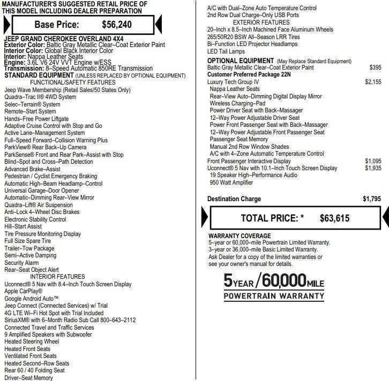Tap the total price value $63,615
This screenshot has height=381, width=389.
334,218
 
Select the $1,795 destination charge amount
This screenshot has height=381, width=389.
371,199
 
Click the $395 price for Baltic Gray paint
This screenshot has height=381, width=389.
376,68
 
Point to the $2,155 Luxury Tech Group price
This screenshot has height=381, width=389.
373,82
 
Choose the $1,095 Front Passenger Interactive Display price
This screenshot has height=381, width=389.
373,161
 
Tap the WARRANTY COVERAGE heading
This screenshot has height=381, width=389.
240,236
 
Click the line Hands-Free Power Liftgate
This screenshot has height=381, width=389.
36,119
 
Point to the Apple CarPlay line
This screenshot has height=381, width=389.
24,292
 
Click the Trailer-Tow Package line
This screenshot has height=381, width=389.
29,248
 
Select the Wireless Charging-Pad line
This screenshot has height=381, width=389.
237,103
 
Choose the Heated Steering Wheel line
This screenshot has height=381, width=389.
32,342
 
